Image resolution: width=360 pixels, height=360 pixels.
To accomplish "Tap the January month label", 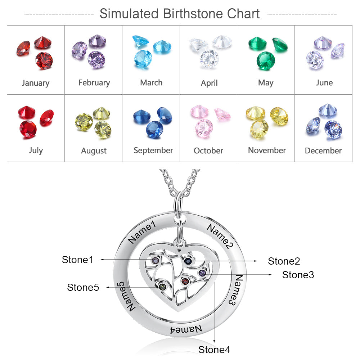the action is coord(36,83).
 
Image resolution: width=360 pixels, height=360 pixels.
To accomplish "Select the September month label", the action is coord(153,150).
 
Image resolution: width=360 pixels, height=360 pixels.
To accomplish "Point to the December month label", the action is coord(323,150).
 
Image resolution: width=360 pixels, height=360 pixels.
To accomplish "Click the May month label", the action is coord(266,83).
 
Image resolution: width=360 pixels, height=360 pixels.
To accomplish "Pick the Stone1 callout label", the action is coord(78,260).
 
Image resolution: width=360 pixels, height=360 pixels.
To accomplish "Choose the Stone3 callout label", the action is coord(298,275).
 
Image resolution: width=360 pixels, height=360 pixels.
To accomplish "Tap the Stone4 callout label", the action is coord(214,350).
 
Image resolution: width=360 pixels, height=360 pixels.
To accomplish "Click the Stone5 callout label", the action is coord(83,287).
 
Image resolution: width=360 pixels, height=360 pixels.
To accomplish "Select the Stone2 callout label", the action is coord(284,261).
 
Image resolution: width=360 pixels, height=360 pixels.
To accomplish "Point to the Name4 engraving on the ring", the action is coord(186,329).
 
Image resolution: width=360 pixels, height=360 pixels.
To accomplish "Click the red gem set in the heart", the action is coord(185,281).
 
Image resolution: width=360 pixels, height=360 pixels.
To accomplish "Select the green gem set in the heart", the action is coord(162,287).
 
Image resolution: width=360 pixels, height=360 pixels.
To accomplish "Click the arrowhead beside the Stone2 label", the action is coord(256,261).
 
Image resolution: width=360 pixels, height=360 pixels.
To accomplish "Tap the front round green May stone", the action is coord(266,61).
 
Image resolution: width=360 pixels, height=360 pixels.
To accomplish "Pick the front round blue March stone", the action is coord(143,59).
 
